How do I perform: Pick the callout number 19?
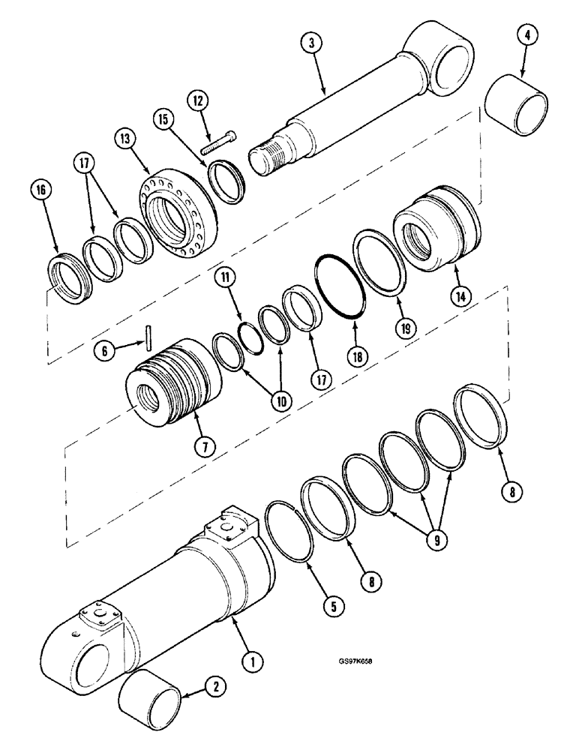pos(403,326)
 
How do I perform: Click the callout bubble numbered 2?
pos(214,685)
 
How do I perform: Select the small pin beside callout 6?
pos(150,335)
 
